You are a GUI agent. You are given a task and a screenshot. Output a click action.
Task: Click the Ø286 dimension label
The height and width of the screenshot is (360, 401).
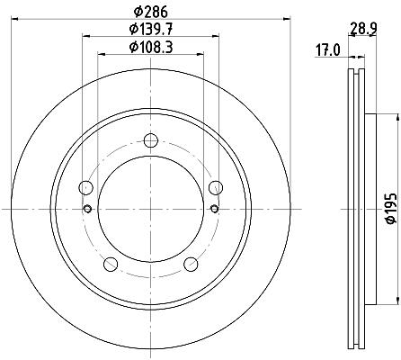click(x=151, y=12)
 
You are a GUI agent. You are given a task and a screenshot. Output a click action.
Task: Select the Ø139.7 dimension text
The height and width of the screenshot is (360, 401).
click(x=151, y=29)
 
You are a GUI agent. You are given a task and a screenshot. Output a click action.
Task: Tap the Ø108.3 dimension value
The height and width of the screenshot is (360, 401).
click(x=151, y=47)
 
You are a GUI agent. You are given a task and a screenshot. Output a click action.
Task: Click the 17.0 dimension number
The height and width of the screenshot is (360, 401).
click(x=328, y=50)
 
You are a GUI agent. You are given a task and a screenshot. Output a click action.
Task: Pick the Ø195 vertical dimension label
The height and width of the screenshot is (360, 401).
click(x=391, y=209)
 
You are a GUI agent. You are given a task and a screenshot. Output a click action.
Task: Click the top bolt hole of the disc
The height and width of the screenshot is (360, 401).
click(x=151, y=140)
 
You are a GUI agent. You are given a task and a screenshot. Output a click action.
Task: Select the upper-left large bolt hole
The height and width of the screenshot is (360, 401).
click(x=85, y=188)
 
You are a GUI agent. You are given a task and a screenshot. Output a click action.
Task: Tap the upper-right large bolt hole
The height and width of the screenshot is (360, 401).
click(x=216, y=188)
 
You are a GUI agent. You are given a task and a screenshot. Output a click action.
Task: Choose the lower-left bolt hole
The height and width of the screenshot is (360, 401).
click(x=111, y=264)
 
